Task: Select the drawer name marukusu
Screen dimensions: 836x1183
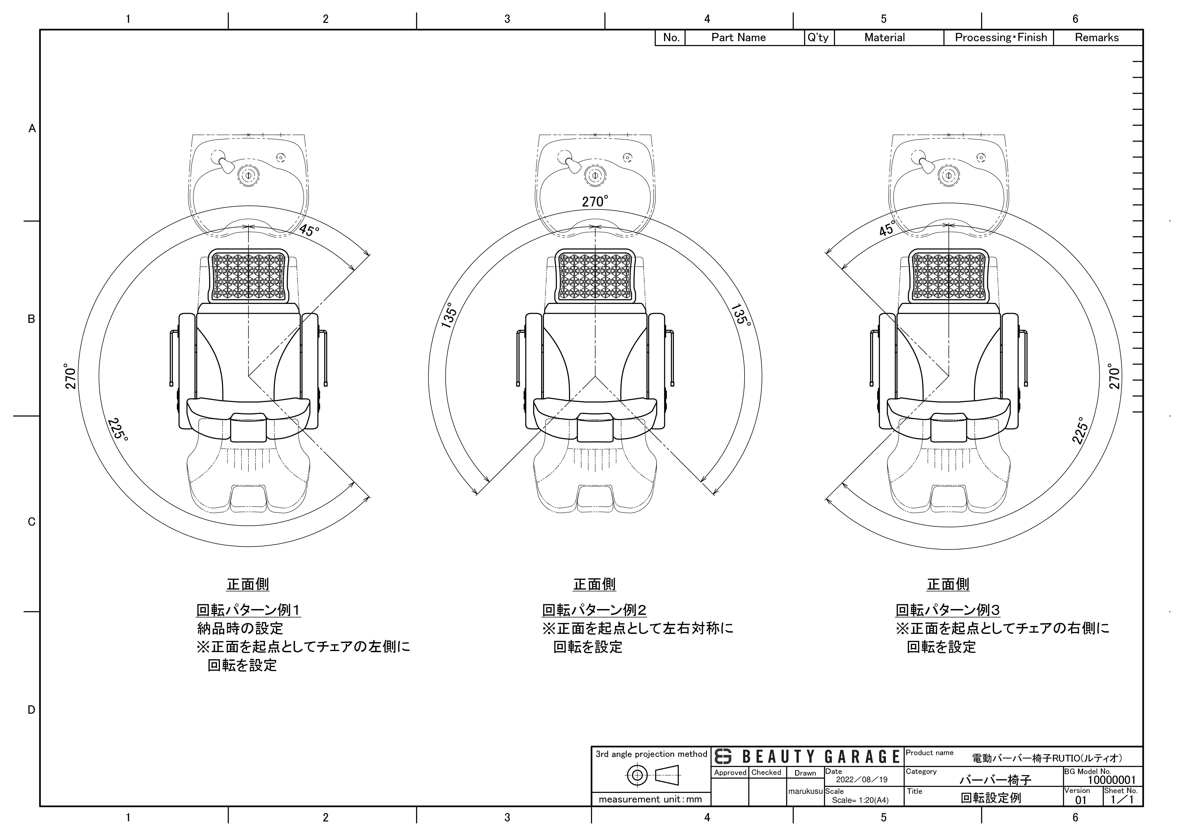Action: (x=805, y=791)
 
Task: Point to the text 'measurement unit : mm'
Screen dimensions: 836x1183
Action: (x=650, y=799)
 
